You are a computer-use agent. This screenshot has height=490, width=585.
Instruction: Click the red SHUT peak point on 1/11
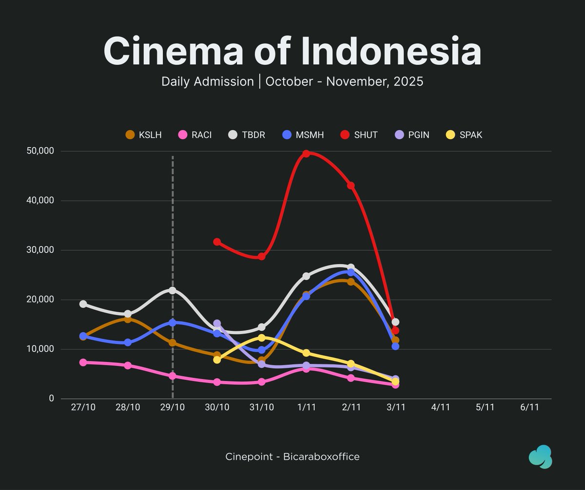pos(306,153)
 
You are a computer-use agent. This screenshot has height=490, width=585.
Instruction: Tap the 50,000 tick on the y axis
pos(40,151)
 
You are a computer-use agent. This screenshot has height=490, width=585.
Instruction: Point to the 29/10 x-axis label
pos(173,408)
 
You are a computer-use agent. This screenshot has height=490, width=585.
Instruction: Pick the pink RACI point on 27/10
pos(83,362)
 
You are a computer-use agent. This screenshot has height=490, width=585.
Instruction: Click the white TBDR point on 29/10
pos(173,290)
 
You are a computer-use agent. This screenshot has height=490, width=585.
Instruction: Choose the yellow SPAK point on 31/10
pos(262,338)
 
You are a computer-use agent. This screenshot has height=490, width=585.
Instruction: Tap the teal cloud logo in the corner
pos(540,457)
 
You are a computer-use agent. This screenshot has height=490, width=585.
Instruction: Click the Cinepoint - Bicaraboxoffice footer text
pos(292,457)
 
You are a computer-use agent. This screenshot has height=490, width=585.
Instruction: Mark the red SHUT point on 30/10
pos(217,242)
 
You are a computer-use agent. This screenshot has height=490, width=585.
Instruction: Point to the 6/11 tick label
pos(529,408)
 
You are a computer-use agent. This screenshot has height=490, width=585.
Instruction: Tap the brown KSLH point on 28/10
pos(128,319)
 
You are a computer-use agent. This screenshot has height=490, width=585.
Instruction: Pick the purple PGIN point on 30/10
pos(217,323)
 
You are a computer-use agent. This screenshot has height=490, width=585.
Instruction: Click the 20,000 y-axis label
pos(40,300)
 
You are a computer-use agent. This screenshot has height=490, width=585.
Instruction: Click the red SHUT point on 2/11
pos(351,186)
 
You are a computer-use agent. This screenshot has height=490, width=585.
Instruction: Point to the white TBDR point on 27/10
pos(83,304)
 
